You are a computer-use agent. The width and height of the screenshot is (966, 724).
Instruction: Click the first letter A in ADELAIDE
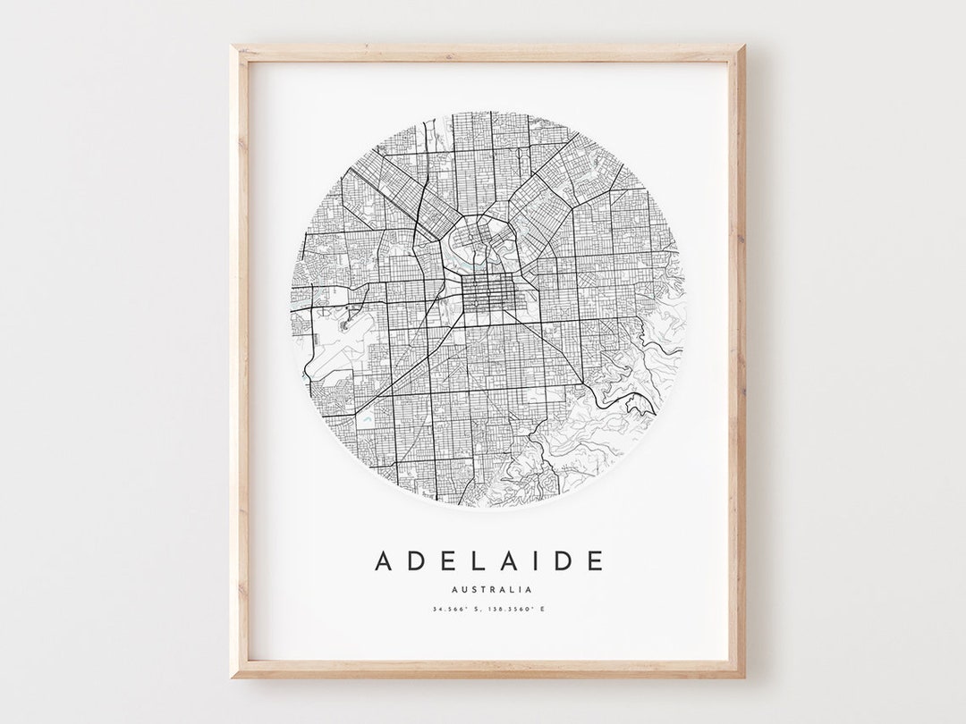point(384,561)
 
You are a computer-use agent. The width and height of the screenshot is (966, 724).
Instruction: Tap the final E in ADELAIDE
point(591,561)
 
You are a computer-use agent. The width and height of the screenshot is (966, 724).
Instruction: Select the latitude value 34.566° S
point(456,610)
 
